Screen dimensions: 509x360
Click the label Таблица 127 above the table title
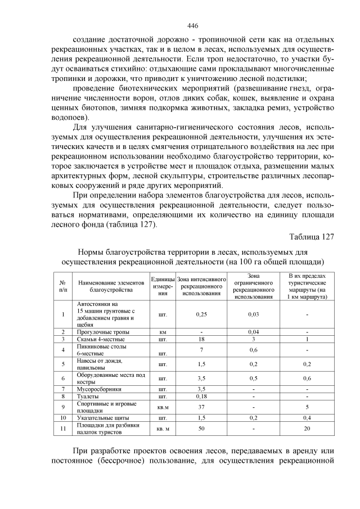click(x=312, y=236)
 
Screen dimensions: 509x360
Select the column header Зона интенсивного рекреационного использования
click(x=201, y=286)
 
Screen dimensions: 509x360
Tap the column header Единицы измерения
click(x=163, y=286)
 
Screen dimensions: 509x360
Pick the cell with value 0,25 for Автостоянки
click(x=201, y=314)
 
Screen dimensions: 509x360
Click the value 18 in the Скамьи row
click(x=201, y=340)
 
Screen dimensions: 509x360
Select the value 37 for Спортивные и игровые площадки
click(x=201, y=407)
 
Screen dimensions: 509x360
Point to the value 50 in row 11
click(x=201, y=429)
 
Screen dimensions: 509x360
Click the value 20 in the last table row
click(x=307, y=429)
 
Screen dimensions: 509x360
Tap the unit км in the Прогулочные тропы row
click(x=163, y=332)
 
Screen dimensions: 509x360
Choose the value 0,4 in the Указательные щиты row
click(x=307, y=418)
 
